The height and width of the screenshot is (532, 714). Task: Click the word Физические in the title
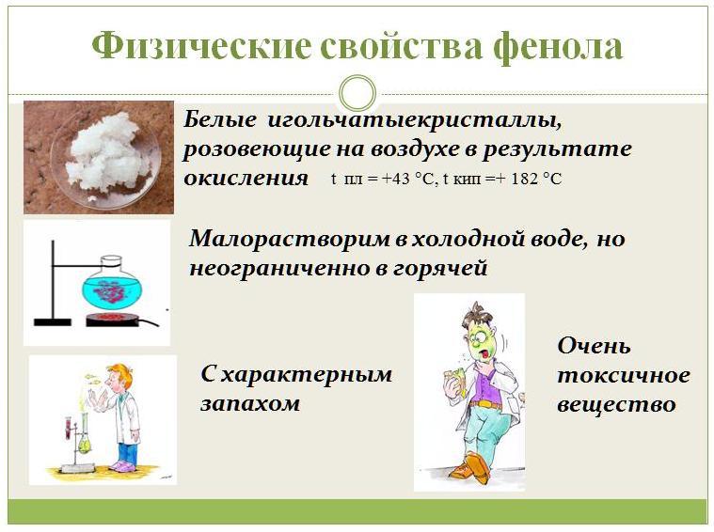pyautogui.click(x=201, y=46)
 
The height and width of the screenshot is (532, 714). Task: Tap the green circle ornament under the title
pyautogui.click(x=357, y=93)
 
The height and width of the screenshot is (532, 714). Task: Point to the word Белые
pyautogui.click(x=220, y=120)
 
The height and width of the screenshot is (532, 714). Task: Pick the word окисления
pyautogui.click(x=246, y=178)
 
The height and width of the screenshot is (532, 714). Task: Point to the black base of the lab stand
pyautogui.click(x=53, y=322)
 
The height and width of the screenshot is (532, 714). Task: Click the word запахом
pyautogui.click(x=250, y=403)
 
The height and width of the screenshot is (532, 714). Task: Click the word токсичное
pyautogui.click(x=624, y=376)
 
